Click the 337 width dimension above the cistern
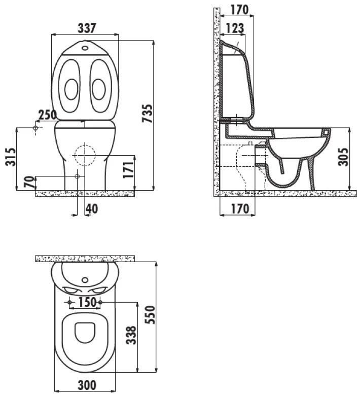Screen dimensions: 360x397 [87, 28]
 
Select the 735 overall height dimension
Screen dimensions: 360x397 [148, 114]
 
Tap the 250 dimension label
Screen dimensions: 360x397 [48, 115]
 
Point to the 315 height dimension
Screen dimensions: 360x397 [11, 157]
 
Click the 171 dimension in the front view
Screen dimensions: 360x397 [128, 170]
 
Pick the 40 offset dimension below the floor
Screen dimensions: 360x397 [92, 208]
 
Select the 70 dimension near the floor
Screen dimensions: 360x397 [29, 182]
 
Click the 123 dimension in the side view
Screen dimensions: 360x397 [235, 28]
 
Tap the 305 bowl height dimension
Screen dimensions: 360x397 [343, 157]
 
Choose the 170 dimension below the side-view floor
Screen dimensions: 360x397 [240, 209]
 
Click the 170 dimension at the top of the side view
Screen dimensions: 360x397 [239, 10]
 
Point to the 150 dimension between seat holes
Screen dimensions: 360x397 [87, 302]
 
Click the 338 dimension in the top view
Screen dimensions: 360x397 [131, 335]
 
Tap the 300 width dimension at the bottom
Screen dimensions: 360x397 [87, 385]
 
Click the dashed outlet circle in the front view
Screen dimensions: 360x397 [85, 155]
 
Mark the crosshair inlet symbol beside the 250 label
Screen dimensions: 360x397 [35, 128]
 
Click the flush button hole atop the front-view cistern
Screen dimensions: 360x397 [85, 47]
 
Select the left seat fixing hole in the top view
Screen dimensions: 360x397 [69, 302]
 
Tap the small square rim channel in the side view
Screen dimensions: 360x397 [326, 132]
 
